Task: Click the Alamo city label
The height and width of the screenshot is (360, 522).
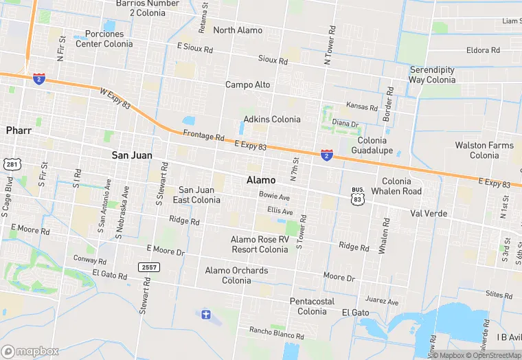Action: [x=261, y=180]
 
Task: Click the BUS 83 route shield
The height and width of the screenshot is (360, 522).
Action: [x=357, y=195]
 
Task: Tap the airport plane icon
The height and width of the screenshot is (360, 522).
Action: [x=204, y=315]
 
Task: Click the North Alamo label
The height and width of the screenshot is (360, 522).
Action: [x=238, y=30]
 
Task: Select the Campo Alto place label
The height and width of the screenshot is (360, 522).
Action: [x=248, y=85]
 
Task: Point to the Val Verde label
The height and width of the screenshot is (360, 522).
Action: [x=429, y=214]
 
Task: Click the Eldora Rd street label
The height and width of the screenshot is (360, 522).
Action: [x=483, y=51]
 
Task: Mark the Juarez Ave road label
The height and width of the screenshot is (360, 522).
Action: [x=382, y=302]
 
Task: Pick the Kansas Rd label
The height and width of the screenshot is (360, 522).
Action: [x=362, y=108]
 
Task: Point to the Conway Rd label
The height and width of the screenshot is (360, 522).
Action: [x=85, y=260]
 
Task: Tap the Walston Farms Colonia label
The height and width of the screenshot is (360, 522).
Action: [x=484, y=150]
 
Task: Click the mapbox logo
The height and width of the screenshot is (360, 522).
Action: [x=30, y=350]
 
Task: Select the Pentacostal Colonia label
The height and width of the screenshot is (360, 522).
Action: [x=313, y=306]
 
